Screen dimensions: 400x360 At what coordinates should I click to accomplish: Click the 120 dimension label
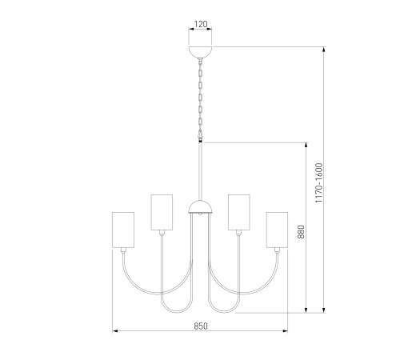(x=201, y=24)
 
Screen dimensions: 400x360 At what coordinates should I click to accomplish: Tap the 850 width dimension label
(x=201, y=326)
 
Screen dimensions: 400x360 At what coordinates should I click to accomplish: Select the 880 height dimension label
(x=301, y=232)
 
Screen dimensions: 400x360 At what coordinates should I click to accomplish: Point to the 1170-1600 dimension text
(x=318, y=183)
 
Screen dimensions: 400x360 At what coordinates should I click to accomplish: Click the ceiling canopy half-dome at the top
(x=201, y=52)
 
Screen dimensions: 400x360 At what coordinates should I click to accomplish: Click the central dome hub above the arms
(x=201, y=207)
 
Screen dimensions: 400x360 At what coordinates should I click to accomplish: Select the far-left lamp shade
(x=123, y=230)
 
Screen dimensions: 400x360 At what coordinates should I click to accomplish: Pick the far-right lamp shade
(x=277, y=230)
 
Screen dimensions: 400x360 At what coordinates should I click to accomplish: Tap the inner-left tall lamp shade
(x=162, y=212)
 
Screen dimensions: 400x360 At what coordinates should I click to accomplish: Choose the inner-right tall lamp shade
(x=239, y=212)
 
